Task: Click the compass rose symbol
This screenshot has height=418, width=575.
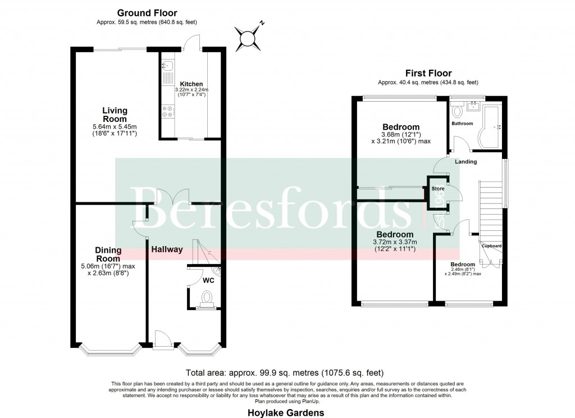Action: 248,38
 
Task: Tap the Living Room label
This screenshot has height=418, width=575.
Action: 115,115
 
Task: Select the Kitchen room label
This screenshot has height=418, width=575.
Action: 191,84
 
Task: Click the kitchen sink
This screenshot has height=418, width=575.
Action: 167,71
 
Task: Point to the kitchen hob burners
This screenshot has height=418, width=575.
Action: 167,112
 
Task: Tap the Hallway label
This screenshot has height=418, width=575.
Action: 167,249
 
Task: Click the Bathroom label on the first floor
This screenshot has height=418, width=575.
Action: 463,124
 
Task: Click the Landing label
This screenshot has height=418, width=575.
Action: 466,162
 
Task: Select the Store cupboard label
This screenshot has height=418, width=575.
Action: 438,189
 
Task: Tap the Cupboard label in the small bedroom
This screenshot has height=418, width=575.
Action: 492,246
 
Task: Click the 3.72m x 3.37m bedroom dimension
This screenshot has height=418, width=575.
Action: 395,242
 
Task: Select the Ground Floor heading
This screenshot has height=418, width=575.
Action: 147,13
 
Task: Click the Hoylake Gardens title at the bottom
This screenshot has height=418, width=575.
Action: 286,413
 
